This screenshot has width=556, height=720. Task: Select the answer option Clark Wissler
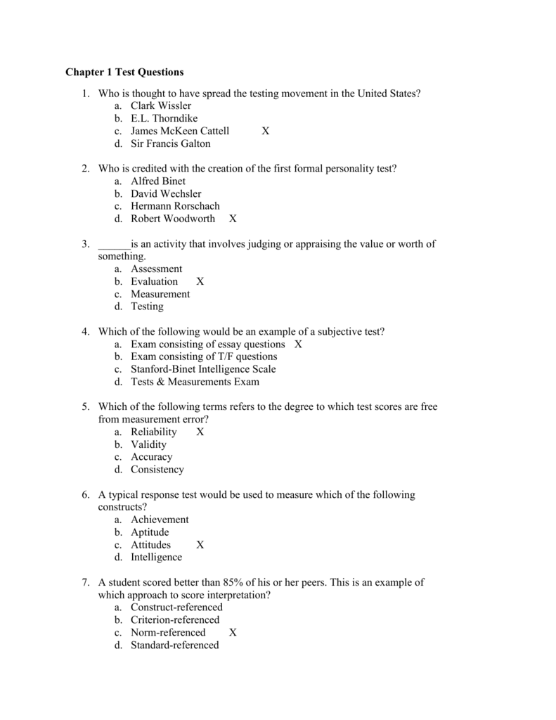click(x=160, y=106)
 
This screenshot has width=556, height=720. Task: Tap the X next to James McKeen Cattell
click(x=265, y=131)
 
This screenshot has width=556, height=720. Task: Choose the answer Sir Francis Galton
click(x=170, y=144)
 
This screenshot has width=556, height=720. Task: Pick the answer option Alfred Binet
click(x=158, y=181)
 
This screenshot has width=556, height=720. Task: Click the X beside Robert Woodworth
click(x=233, y=219)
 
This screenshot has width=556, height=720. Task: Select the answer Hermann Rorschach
click(x=175, y=206)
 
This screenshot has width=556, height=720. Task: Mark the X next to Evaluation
click(x=200, y=281)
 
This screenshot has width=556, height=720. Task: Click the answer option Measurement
click(x=160, y=294)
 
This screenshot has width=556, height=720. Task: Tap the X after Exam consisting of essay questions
click(x=298, y=345)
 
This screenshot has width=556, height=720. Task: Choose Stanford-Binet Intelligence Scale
click(x=203, y=369)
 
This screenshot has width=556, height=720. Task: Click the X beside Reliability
click(x=200, y=432)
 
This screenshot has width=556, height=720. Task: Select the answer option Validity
click(x=148, y=444)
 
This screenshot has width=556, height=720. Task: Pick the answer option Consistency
click(x=157, y=470)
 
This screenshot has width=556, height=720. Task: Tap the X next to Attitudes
click(x=200, y=545)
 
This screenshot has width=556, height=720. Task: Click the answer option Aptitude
click(x=150, y=532)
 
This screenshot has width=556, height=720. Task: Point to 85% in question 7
click(x=233, y=582)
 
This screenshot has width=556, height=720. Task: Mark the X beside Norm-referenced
click(x=233, y=633)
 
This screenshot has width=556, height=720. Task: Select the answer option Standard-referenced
click(x=174, y=645)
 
